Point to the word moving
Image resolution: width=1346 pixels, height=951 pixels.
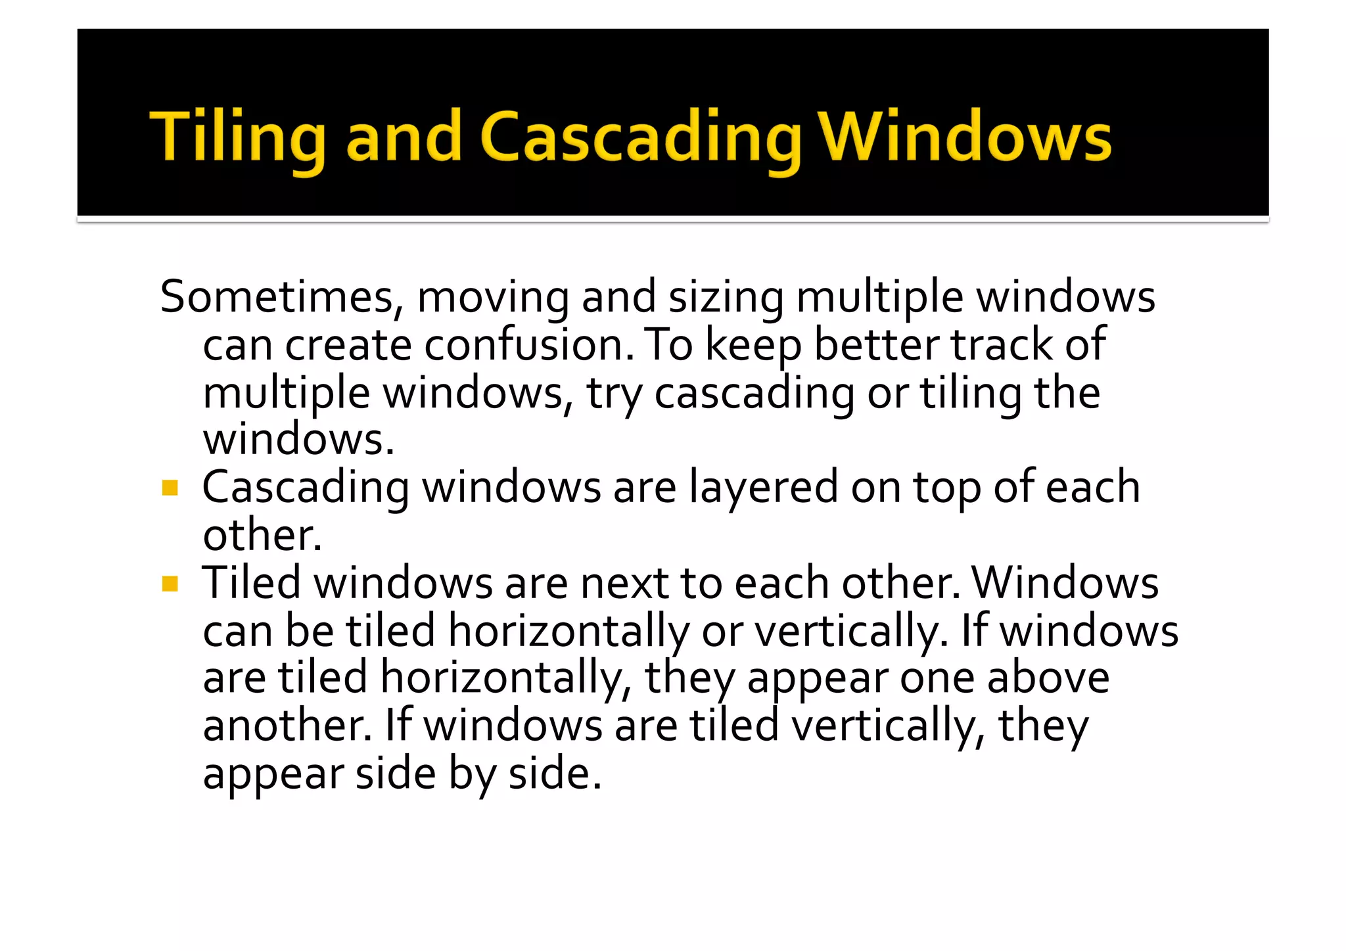(x=493, y=297)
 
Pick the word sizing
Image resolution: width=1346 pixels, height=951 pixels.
(x=726, y=297)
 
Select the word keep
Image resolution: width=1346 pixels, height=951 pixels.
(x=753, y=346)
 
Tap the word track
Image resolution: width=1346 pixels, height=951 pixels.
(x=1002, y=344)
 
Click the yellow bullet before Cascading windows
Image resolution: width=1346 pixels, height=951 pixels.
(x=170, y=488)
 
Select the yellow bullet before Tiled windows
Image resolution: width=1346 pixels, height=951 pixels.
(x=170, y=584)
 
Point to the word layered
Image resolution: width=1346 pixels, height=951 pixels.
(x=763, y=488)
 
